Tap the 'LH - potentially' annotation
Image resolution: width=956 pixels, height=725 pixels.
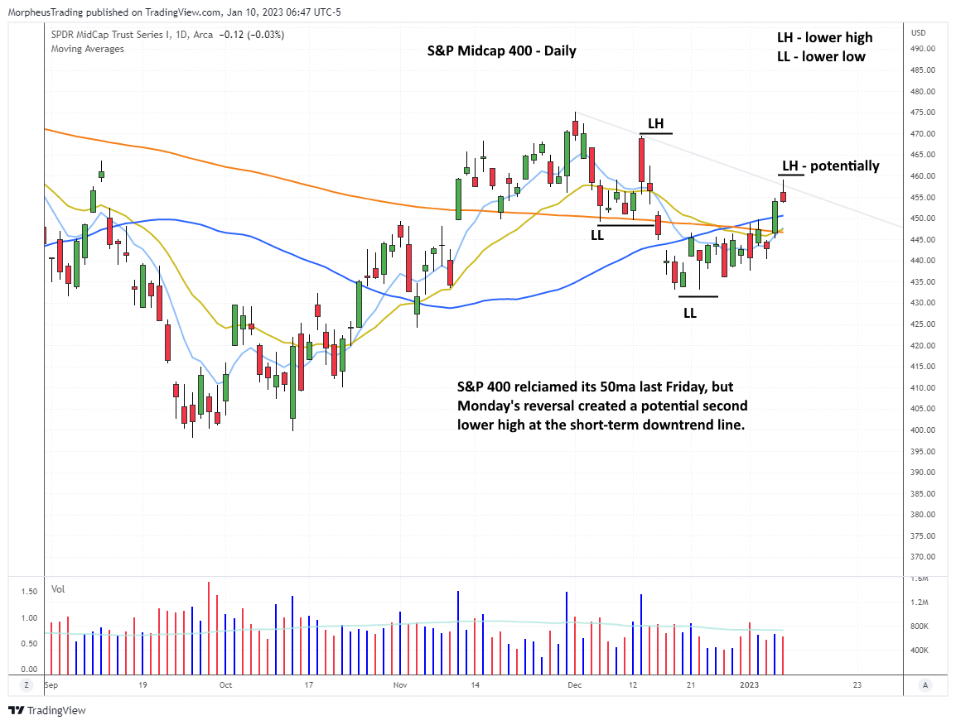(828, 166)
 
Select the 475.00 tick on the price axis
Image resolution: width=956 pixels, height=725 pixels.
(922, 113)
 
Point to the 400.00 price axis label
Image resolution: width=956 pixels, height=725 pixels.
(922, 430)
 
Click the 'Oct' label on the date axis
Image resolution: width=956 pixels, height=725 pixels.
(225, 685)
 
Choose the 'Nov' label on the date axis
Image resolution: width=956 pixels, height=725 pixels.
(400, 685)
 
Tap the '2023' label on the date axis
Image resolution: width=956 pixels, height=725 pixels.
(749, 685)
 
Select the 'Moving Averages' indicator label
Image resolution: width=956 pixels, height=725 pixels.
(87, 49)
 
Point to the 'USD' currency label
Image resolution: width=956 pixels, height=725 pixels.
(918, 33)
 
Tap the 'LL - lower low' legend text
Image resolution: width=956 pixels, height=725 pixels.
(820, 56)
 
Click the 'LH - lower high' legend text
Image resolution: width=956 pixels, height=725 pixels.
(823, 37)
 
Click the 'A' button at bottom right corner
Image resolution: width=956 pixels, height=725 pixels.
(925, 685)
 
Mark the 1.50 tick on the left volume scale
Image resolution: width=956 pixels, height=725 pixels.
(28, 592)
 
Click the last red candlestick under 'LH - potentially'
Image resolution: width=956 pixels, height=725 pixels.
(783, 196)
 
